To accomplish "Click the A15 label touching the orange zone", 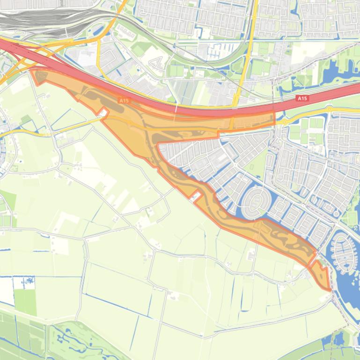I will (124, 100).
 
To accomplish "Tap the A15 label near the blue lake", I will (302, 98).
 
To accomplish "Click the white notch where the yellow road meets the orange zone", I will (103, 112).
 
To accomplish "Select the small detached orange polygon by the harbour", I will (321, 276).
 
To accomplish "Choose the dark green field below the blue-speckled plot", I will (25, 302).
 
